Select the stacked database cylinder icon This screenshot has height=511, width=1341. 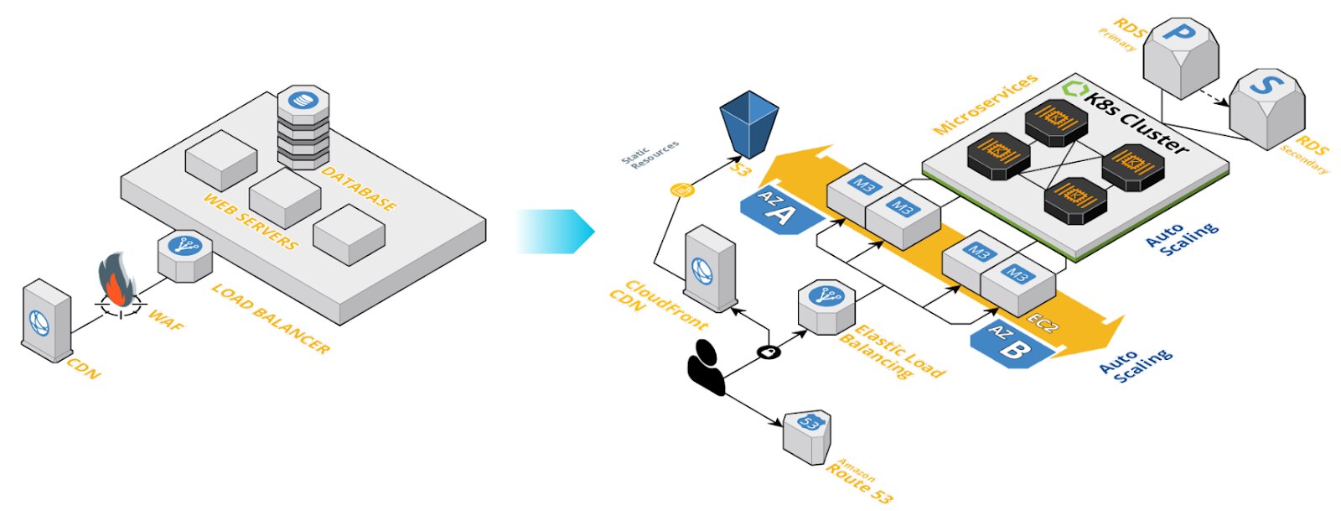303,126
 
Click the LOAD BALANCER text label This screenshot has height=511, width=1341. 270,318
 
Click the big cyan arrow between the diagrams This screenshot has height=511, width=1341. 554,232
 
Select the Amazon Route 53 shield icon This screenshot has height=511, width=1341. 807,436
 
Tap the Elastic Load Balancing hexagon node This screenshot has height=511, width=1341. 826,306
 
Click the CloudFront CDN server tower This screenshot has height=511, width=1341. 709,269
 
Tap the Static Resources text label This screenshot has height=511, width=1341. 650,155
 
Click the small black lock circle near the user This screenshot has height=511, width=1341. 769,352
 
